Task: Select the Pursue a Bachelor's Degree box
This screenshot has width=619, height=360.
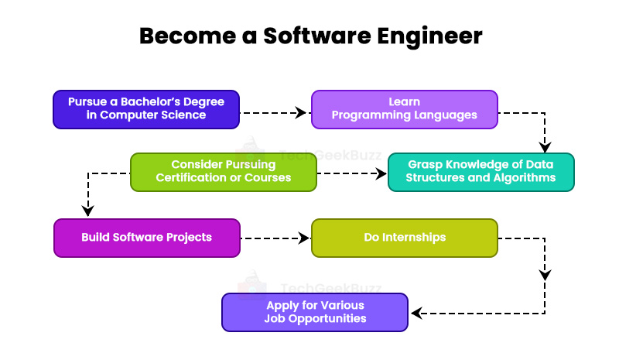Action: tap(146, 109)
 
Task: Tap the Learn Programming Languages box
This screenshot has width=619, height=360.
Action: tap(404, 109)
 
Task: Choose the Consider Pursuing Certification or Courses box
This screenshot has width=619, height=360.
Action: tap(223, 172)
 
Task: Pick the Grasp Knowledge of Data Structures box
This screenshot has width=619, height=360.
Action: tap(480, 172)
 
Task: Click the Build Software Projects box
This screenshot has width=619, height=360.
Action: tap(146, 238)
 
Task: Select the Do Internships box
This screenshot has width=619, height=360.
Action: tap(404, 238)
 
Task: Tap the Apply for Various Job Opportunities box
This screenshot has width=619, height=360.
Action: tap(315, 312)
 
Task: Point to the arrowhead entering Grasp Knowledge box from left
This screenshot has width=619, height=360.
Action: tap(381, 175)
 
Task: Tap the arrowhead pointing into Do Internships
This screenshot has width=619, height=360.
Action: tap(303, 238)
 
